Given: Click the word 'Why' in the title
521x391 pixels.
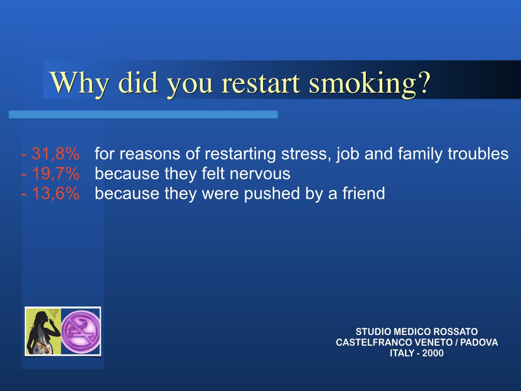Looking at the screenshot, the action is (x=79, y=82).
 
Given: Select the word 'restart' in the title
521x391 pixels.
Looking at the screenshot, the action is (x=261, y=83).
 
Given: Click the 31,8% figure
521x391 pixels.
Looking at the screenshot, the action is (x=55, y=154).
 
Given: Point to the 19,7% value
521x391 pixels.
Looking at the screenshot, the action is (x=55, y=174).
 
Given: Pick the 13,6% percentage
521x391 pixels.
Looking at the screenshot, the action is (x=55, y=193).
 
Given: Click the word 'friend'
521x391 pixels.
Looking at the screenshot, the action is (x=363, y=193).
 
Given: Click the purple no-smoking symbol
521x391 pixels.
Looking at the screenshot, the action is (x=81, y=331).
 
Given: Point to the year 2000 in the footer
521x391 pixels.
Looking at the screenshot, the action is (x=432, y=353).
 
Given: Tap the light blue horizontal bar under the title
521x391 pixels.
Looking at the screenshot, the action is (x=143, y=115).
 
